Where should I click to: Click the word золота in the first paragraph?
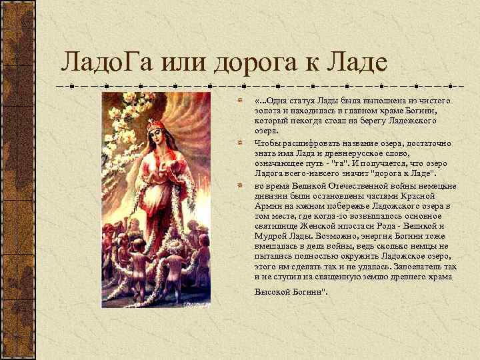pyautogui.click(x=267, y=111)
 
